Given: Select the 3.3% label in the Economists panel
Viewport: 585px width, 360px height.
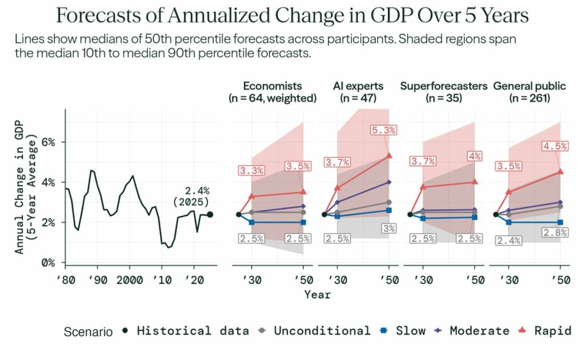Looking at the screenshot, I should point(252,170).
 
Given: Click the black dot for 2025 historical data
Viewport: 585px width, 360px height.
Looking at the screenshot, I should point(210,214).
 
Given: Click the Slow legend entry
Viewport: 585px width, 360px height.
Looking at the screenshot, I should point(403,331).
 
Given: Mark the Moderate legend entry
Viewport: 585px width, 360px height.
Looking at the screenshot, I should point(472,331).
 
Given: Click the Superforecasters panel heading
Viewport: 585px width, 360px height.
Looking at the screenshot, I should point(443,86).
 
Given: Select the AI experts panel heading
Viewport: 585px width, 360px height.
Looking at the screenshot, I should point(358,86).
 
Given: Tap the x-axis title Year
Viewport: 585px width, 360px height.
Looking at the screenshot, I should point(317,294).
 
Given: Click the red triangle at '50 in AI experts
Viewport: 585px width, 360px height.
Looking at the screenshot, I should point(389,155).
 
